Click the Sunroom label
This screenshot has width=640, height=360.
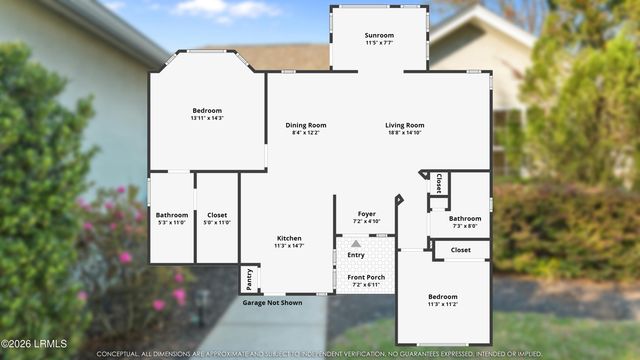tap(379, 35)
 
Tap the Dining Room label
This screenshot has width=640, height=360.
tap(306, 125)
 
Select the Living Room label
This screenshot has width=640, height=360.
tap(405, 125)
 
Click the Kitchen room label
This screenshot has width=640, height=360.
tap(289, 237)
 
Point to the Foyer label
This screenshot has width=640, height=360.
tap(367, 213)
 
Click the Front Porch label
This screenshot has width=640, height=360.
tap(366, 276)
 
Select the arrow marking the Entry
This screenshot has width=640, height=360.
tap(355, 243)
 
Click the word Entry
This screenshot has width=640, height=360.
tap(355, 255)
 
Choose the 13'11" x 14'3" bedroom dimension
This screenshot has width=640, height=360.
tap(207, 118)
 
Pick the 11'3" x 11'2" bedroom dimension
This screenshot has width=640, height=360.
tap(443, 305)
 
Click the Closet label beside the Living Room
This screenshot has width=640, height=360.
tap(439, 183)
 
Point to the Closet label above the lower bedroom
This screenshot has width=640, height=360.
tap(461, 250)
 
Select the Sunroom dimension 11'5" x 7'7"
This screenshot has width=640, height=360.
tap(379, 43)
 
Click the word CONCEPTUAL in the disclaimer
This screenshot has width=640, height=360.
tap(118, 354)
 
